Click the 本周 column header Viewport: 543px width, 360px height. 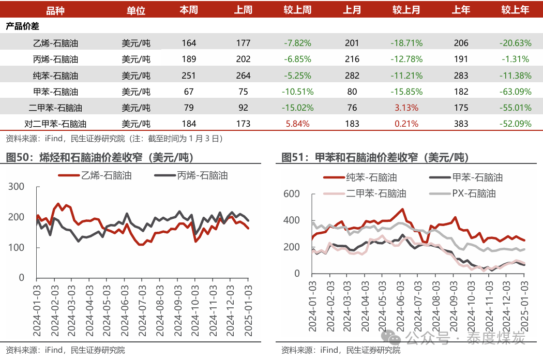tap(189, 10)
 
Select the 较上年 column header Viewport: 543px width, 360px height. tap(515, 10)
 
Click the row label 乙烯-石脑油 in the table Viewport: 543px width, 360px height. tap(55, 43)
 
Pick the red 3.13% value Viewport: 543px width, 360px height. tap(406, 108)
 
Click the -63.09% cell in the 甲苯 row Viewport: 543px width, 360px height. tap(515, 92)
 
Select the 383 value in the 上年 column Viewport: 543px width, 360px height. tap(461, 124)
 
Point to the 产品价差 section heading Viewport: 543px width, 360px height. tap(22, 26)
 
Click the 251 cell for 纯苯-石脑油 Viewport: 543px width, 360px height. tap(189, 76)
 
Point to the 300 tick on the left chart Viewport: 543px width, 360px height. tap(18, 187)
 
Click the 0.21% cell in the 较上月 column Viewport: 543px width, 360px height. tap(406, 124)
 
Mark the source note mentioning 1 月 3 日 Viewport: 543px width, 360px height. tap(114, 139)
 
